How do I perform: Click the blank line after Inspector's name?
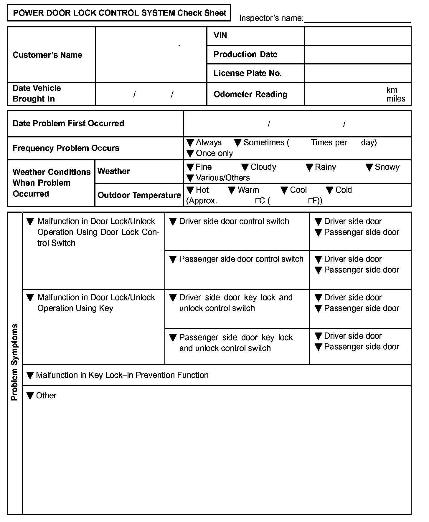point(357,19)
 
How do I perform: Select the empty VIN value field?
point(357,36)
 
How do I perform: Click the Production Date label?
point(245,54)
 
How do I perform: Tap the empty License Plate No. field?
point(357,73)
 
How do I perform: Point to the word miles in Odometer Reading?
point(396,99)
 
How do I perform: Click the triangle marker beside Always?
point(190,143)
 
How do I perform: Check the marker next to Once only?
point(190,154)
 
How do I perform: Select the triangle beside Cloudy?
point(245,167)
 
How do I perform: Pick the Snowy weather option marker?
point(369,167)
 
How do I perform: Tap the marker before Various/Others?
point(190,178)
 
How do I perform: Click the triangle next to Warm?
point(232,190)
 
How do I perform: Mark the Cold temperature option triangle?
point(329,190)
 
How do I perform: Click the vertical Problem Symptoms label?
point(14,362)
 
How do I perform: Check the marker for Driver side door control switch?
point(173,222)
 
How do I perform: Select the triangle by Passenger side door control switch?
point(173,260)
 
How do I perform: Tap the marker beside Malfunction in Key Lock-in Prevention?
point(30,375)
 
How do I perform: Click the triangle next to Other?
point(30,396)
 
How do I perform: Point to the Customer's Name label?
point(47,55)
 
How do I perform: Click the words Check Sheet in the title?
point(202,13)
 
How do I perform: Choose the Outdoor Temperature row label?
point(139,195)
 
